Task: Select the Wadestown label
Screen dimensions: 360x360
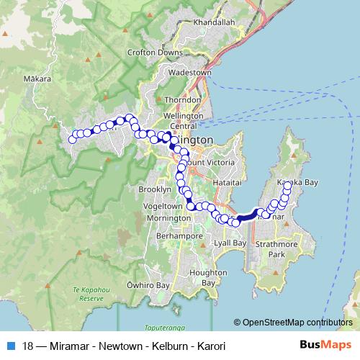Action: [x=189, y=73]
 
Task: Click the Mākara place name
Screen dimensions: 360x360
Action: [x=38, y=78]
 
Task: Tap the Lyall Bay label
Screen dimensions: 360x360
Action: [x=232, y=244]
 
